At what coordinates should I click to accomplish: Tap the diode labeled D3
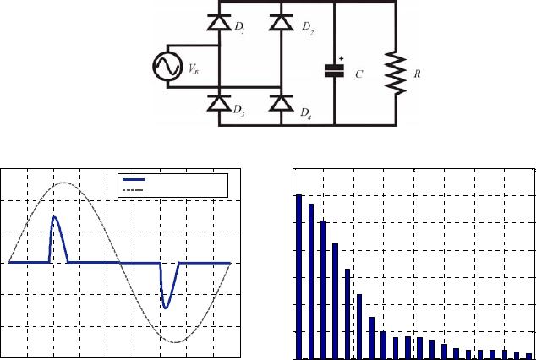pyautogui.click(x=220, y=103)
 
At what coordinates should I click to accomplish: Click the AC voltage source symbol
pyautogui.click(x=165, y=66)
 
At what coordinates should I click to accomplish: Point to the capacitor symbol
pyautogui.click(x=336, y=71)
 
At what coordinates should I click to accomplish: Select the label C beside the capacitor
pyautogui.click(x=359, y=74)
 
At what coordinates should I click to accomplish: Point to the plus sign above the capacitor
pyautogui.click(x=342, y=59)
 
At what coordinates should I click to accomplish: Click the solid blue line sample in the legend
pyautogui.click(x=134, y=179)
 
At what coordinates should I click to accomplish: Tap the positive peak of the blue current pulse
pyautogui.click(x=55, y=218)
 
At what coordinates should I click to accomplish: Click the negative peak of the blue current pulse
pyautogui.click(x=166, y=307)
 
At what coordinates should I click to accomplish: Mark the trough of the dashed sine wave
pyautogui.click(x=175, y=341)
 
